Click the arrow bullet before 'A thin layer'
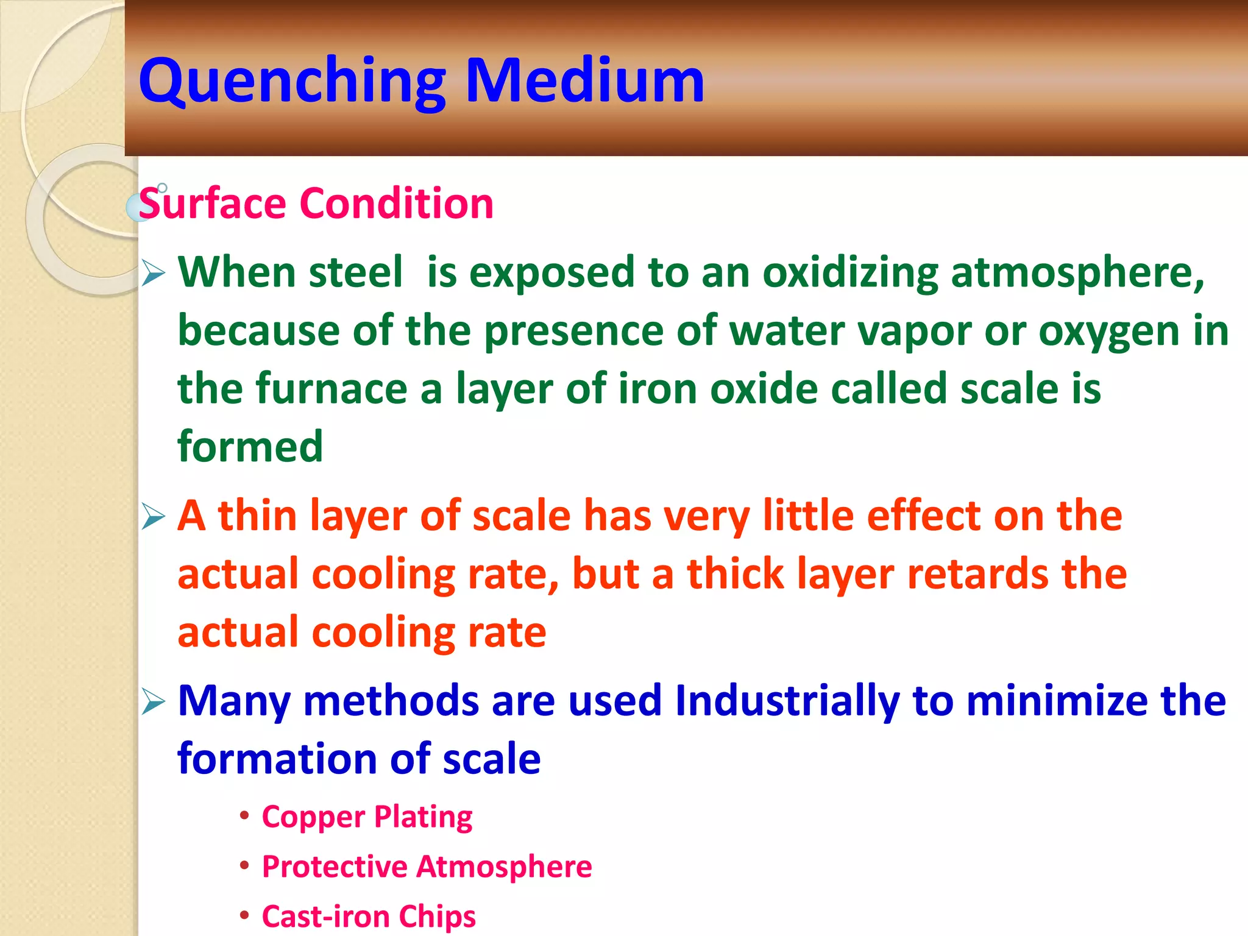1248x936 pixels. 153,517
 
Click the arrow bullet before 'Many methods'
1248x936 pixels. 153,702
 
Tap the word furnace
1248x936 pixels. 331,389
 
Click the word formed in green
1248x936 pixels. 250,447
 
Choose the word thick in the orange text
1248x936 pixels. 736,574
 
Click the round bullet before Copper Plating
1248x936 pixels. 244,815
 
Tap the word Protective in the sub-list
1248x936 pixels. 335,867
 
